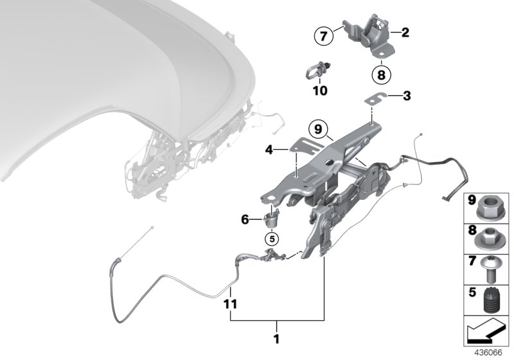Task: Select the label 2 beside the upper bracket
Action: (405, 31)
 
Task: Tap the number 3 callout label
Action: (406, 96)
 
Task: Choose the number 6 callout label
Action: (245, 220)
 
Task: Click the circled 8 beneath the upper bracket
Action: (380, 75)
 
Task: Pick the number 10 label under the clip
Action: (319, 91)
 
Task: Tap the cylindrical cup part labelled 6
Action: (273, 218)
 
